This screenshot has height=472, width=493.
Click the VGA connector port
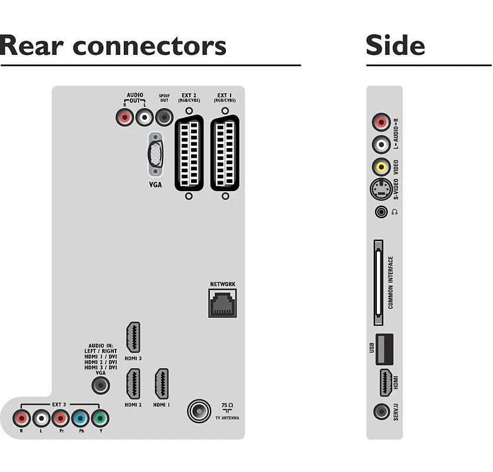click(x=155, y=154)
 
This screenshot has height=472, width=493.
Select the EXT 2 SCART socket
click(x=189, y=153)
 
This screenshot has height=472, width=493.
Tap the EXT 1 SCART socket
click(x=225, y=153)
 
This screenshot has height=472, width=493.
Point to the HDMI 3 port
click(x=133, y=337)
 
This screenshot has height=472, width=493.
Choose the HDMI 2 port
click(x=133, y=384)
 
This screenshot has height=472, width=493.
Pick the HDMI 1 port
click(x=161, y=384)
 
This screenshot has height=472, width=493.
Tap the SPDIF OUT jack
click(x=163, y=117)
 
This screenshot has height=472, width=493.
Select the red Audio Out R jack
click(x=125, y=117)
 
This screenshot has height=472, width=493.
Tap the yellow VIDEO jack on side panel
click(x=382, y=167)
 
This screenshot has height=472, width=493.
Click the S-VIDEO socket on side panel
click(x=381, y=189)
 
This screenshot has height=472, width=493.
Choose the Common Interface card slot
click(x=377, y=283)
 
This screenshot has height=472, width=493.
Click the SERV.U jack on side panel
click(x=381, y=411)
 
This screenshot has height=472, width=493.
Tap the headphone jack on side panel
click(x=382, y=211)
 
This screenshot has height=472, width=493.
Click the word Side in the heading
click(x=395, y=45)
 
